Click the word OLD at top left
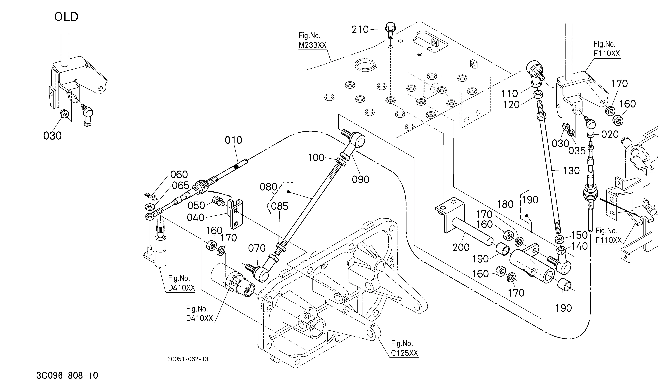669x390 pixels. (66, 17)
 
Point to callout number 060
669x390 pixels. (179, 175)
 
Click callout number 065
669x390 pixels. (181, 185)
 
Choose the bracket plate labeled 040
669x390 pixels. (236, 214)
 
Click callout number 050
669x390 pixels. (196, 205)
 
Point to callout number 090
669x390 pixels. (361, 180)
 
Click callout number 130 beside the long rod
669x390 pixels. (571, 171)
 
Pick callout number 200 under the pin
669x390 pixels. (461, 247)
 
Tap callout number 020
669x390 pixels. (610, 134)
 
